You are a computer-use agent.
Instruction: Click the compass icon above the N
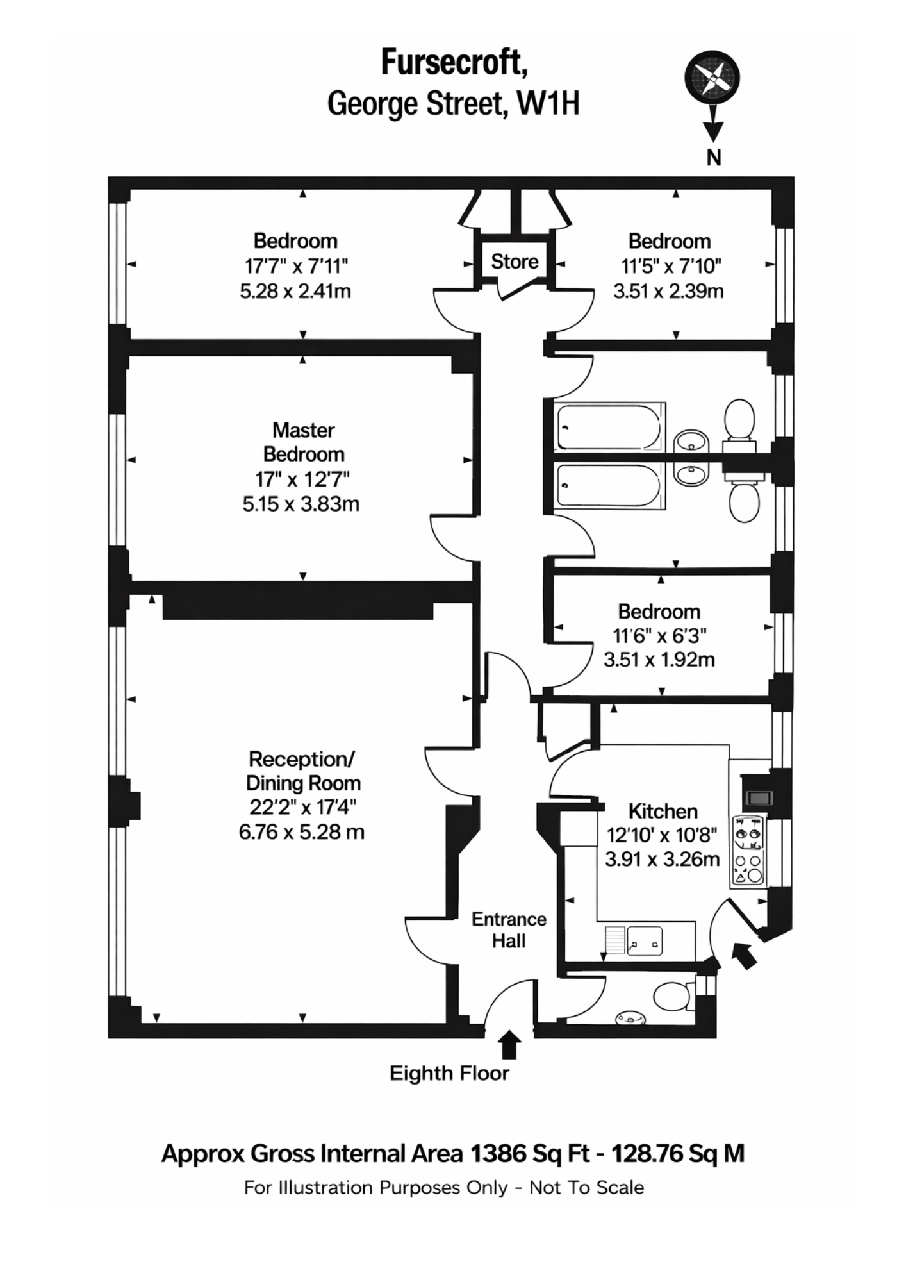pyautogui.click(x=712, y=78)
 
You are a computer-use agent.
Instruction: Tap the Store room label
pyautogui.click(x=515, y=262)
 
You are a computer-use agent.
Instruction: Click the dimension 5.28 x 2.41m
pyautogui.click(x=295, y=291)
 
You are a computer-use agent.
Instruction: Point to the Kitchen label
pyautogui.click(x=663, y=811)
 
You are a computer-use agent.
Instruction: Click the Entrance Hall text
pyautogui.click(x=509, y=929)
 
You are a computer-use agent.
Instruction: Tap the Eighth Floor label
pyautogui.click(x=449, y=1073)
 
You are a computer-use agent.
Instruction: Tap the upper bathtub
pyautogui.click(x=609, y=427)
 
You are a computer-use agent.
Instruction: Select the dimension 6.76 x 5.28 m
pyautogui.click(x=301, y=832)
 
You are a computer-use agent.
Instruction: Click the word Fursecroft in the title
pyautogui.click(x=454, y=63)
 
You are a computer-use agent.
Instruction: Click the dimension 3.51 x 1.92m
pyautogui.click(x=659, y=659)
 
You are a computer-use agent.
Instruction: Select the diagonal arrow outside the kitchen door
pyautogui.click(x=744, y=954)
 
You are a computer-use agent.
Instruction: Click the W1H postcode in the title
pyautogui.click(x=549, y=103)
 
